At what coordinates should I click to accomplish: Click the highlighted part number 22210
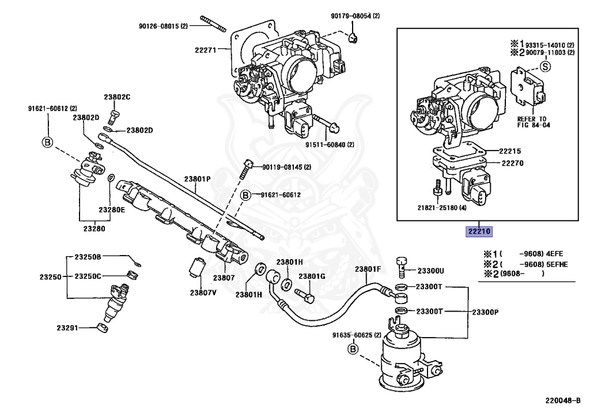[x=479, y=231]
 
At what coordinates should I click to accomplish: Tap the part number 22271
[x=206, y=50]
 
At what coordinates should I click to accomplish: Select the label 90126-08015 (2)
[x=163, y=27]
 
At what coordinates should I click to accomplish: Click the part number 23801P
[x=197, y=179]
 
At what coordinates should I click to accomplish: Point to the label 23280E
[x=112, y=210]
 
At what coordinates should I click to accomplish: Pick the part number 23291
[x=67, y=328]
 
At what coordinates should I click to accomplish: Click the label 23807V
[x=203, y=293]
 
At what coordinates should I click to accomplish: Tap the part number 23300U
[x=431, y=271]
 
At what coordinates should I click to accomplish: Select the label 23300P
[x=485, y=312]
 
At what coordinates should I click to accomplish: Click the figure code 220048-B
[x=563, y=400]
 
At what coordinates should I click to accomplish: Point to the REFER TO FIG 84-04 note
[x=534, y=122]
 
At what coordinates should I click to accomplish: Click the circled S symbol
[x=545, y=67]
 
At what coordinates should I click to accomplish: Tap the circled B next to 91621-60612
[x=245, y=195]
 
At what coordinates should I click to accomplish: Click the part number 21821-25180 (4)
[x=442, y=208]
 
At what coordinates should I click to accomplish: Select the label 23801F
[x=368, y=269]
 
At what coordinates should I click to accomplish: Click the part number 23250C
[x=88, y=276]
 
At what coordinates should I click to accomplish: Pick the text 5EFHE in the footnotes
[x=558, y=264]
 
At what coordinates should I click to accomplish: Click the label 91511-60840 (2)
[x=330, y=145]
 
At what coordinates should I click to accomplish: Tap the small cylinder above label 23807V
[x=196, y=267]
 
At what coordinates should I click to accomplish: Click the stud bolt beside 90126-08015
[x=213, y=24]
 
